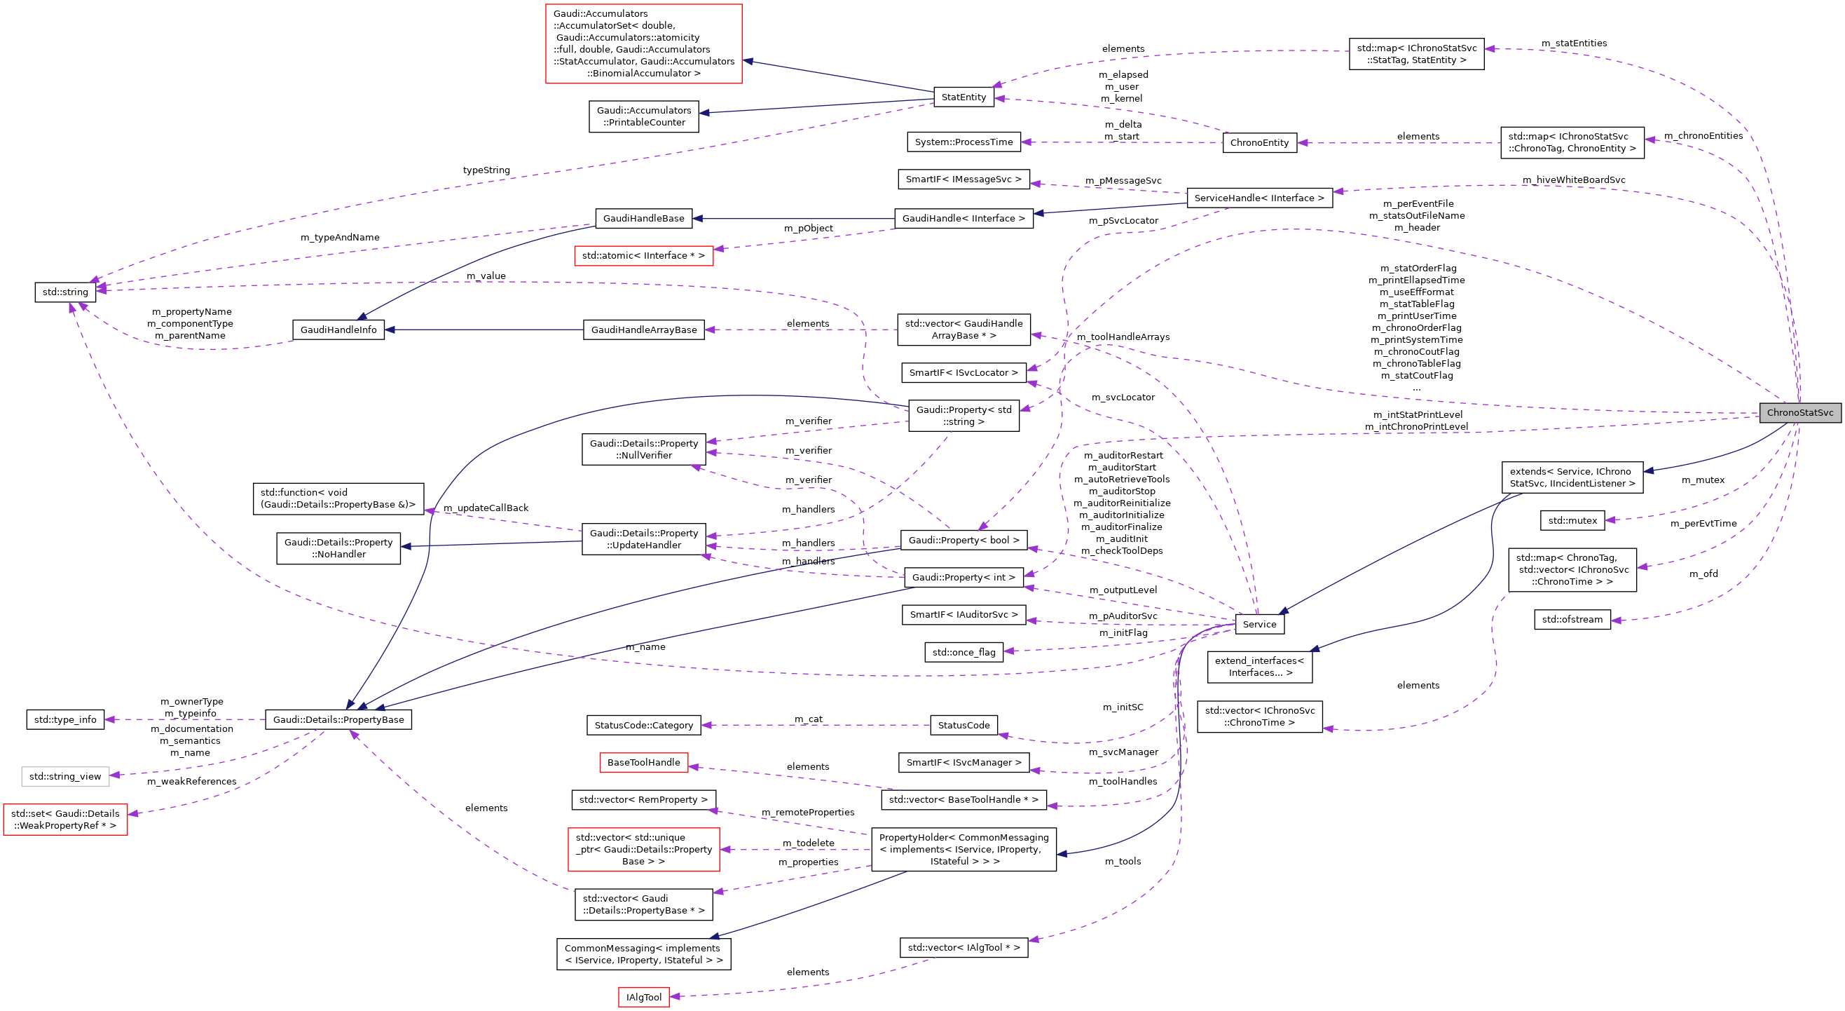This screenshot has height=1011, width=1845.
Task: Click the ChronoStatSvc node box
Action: tap(1799, 413)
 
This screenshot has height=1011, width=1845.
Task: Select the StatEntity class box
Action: tap(963, 97)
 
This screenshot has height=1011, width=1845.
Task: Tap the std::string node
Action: tap(65, 292)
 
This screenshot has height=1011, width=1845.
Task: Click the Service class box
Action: tap(1259, 625)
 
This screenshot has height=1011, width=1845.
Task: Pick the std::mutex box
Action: tap(1572, 521)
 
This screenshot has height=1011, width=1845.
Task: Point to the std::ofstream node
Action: tap(1572, 620)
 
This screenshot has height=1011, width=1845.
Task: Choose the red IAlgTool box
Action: tap(643, 998)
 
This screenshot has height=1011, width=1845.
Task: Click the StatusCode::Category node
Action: tap(643, 726)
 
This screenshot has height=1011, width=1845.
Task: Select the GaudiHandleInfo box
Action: tap(338, 330)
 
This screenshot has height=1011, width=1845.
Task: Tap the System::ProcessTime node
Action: tap(963, 142)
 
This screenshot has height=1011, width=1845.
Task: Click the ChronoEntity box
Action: tap(1259, 143)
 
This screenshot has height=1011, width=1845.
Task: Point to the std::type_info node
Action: tap(65, 720)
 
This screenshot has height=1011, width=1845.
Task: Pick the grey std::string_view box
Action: tap(65, 777)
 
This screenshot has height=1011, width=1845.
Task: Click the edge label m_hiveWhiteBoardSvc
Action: tap(1574, 181)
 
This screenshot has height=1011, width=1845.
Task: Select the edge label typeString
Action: tap(486, 170)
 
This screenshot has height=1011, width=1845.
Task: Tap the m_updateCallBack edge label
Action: tap(486, 508)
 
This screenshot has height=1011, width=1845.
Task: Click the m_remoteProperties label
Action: tap(807, 813)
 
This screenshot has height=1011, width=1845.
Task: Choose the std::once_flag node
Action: tap(963, 653)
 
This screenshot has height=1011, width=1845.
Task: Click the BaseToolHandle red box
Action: tap(643, 763)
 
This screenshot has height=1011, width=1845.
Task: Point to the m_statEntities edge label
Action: tap(1574, 43)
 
